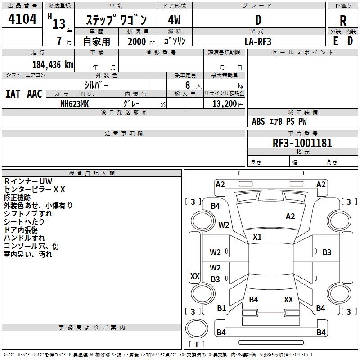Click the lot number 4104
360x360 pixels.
tap(22, 19)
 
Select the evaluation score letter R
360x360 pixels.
tap(343, 21)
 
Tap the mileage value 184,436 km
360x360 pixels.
tap(53, 65)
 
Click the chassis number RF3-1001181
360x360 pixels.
tap(302, 143)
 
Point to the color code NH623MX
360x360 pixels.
tap(74, 104)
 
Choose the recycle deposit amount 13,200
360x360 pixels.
tap(224, 104)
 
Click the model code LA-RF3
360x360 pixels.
tap(258, 41)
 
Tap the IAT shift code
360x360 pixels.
tap(13, 94)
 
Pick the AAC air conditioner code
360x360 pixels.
tap(35, 94)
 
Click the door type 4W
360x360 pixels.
tap(174, 20)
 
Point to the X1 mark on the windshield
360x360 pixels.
tap(257, 237)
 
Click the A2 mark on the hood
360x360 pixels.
tap(290, 216)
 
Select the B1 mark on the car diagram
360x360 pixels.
tap(221, 308)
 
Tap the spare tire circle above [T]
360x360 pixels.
tap(197, 328)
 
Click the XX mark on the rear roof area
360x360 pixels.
tap(288, 299)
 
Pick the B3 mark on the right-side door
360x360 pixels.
tap(327, 252)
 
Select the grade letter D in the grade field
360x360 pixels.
tap(258, 20)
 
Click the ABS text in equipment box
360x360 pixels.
tap(258, 121)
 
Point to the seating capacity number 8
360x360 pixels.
tap(188, 85)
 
